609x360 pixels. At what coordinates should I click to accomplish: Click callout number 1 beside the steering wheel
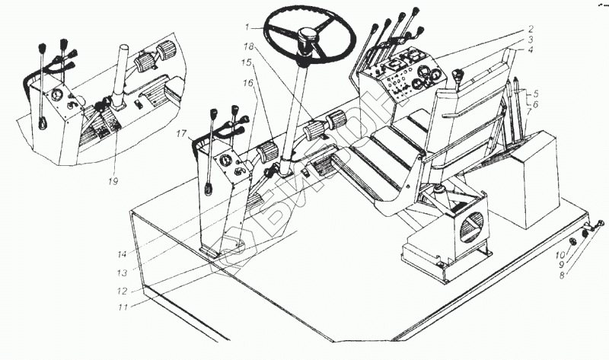click(247, 27)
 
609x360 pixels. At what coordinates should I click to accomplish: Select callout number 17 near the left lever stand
click(180, 135)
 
